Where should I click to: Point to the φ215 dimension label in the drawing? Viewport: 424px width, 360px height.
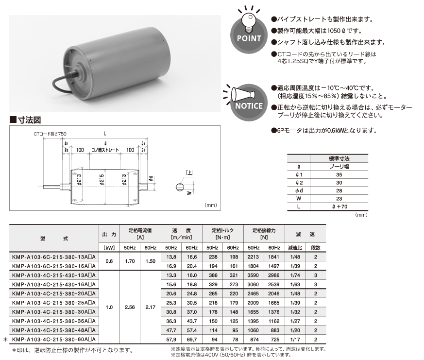[102, 180]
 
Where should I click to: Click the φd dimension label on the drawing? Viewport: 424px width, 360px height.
[151, 178]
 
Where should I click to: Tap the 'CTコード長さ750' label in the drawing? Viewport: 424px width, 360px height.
[50, 134]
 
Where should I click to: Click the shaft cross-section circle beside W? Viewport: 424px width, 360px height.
[180, 187]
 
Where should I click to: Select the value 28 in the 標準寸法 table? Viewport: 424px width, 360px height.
[339, 190]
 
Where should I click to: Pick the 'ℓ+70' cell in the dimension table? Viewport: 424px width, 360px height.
[339, 206]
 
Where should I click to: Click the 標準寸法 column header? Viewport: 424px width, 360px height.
[339, 158]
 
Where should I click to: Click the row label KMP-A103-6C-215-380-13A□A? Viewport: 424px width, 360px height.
[54, 257]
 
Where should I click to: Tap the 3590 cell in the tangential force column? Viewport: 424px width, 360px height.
[253, 275]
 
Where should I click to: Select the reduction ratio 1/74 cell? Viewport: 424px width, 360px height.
[295, 275]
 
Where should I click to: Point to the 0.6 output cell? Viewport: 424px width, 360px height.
[109, 261]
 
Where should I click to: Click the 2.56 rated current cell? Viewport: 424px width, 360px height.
[130, 307]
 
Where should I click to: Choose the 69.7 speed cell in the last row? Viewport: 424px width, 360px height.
[192, 340]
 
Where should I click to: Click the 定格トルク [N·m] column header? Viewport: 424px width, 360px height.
[222, 234]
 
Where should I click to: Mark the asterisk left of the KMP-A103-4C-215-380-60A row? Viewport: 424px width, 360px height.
[5, 340]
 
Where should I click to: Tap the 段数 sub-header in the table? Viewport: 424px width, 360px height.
[316, 248]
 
